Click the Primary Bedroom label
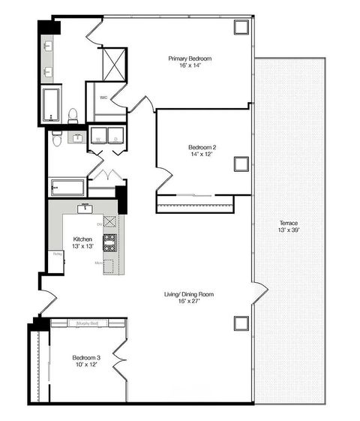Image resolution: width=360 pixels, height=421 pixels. click(190, 62)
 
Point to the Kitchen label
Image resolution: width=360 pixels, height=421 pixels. click(82, 243)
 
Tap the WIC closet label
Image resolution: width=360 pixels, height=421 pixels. click(102, 97)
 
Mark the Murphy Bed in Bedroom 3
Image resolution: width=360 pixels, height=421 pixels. click(88, 323)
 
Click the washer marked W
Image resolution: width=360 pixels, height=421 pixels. click(98, 136)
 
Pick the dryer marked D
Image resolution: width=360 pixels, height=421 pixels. click(116, 136)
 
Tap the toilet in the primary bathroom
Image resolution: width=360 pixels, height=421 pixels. click(73, 115)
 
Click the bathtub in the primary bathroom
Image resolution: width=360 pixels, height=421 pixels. click(51, 104)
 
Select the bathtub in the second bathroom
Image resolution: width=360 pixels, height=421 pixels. click(67, 187)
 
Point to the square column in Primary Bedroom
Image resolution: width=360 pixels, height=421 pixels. click(241, 26)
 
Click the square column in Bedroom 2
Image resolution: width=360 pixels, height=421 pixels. click(241, 164)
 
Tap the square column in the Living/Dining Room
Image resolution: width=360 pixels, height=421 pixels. click(241, 323)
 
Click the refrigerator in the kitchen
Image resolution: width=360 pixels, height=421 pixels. click(57, 258)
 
